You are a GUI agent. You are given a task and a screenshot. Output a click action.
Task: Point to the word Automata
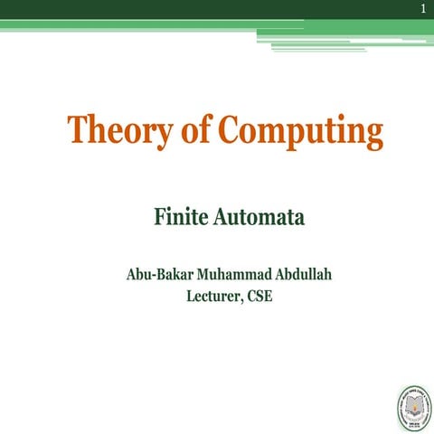point(254,218)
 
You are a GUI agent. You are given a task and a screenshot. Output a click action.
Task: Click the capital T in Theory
point(79,131)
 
